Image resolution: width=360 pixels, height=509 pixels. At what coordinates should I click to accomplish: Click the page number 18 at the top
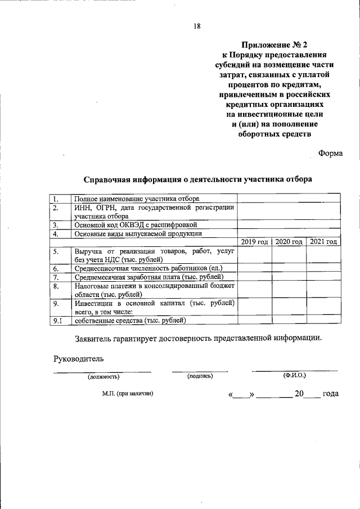pos(197,25)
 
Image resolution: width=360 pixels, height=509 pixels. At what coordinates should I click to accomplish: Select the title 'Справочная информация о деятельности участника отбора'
pos(197,179)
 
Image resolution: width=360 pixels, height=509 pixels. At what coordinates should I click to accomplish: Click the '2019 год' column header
pos(254,241)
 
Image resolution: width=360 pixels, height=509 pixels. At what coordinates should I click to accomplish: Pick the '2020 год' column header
pos(289,241)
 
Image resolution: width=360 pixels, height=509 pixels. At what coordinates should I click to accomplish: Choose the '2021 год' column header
pos(323,241)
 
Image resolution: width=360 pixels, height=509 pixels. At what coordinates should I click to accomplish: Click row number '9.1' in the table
pos(58,321)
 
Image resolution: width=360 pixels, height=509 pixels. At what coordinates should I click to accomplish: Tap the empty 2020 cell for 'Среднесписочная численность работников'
pos(289,268)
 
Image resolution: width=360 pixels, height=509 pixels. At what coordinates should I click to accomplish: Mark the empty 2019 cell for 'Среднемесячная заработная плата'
pos(254,277)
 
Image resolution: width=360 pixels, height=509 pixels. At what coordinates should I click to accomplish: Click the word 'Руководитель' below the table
pos(78,358)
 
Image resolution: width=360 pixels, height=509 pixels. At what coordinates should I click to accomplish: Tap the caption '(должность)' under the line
pos(103,376)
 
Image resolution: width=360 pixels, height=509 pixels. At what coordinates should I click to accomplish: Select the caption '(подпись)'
pos(200,376)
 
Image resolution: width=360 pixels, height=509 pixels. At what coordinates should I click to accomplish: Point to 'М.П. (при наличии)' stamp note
pos(128,394)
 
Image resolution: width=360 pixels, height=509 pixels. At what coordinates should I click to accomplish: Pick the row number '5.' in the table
pos(57,251)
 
